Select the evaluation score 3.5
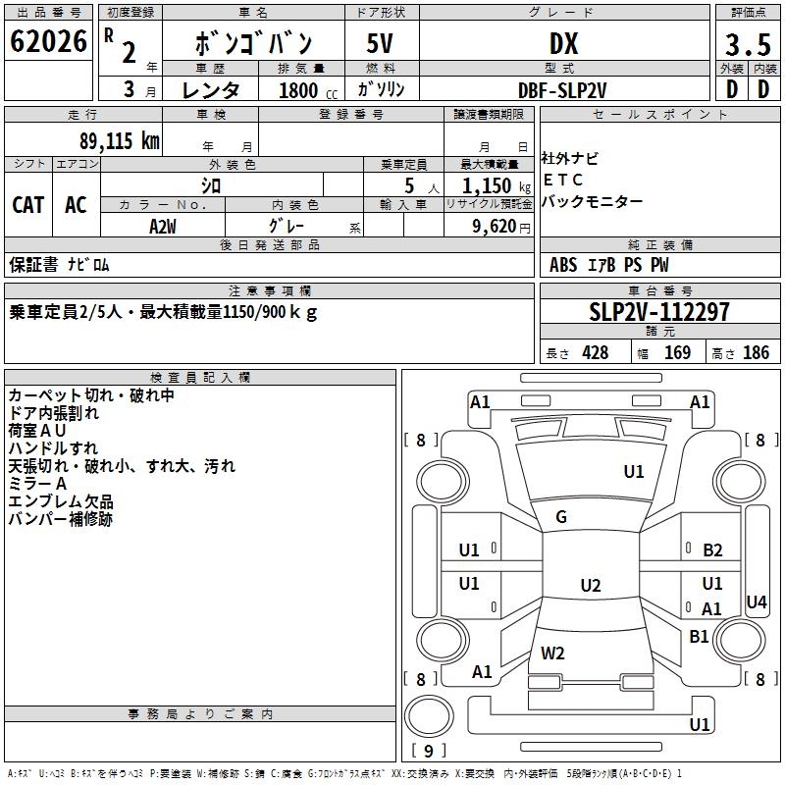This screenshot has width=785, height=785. point(747,44)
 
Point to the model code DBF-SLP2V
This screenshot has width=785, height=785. point(562,89)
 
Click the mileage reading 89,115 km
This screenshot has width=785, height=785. point(119,139)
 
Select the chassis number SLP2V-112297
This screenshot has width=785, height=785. point(659,312)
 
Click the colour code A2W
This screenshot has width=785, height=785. point(163,225)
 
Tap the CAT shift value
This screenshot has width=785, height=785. point(27,205)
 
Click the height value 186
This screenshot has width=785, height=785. point(756,353)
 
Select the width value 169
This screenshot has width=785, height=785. point(677,353)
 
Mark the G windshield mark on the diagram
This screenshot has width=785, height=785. point(561,517)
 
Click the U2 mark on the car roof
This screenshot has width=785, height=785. point(590,586)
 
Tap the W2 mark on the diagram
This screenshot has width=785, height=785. point(552,653)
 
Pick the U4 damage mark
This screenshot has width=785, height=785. point(756,602)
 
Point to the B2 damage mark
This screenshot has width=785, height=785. point(712,550)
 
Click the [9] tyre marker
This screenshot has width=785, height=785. point(429,752)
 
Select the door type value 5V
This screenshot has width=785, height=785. point(380,43)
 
